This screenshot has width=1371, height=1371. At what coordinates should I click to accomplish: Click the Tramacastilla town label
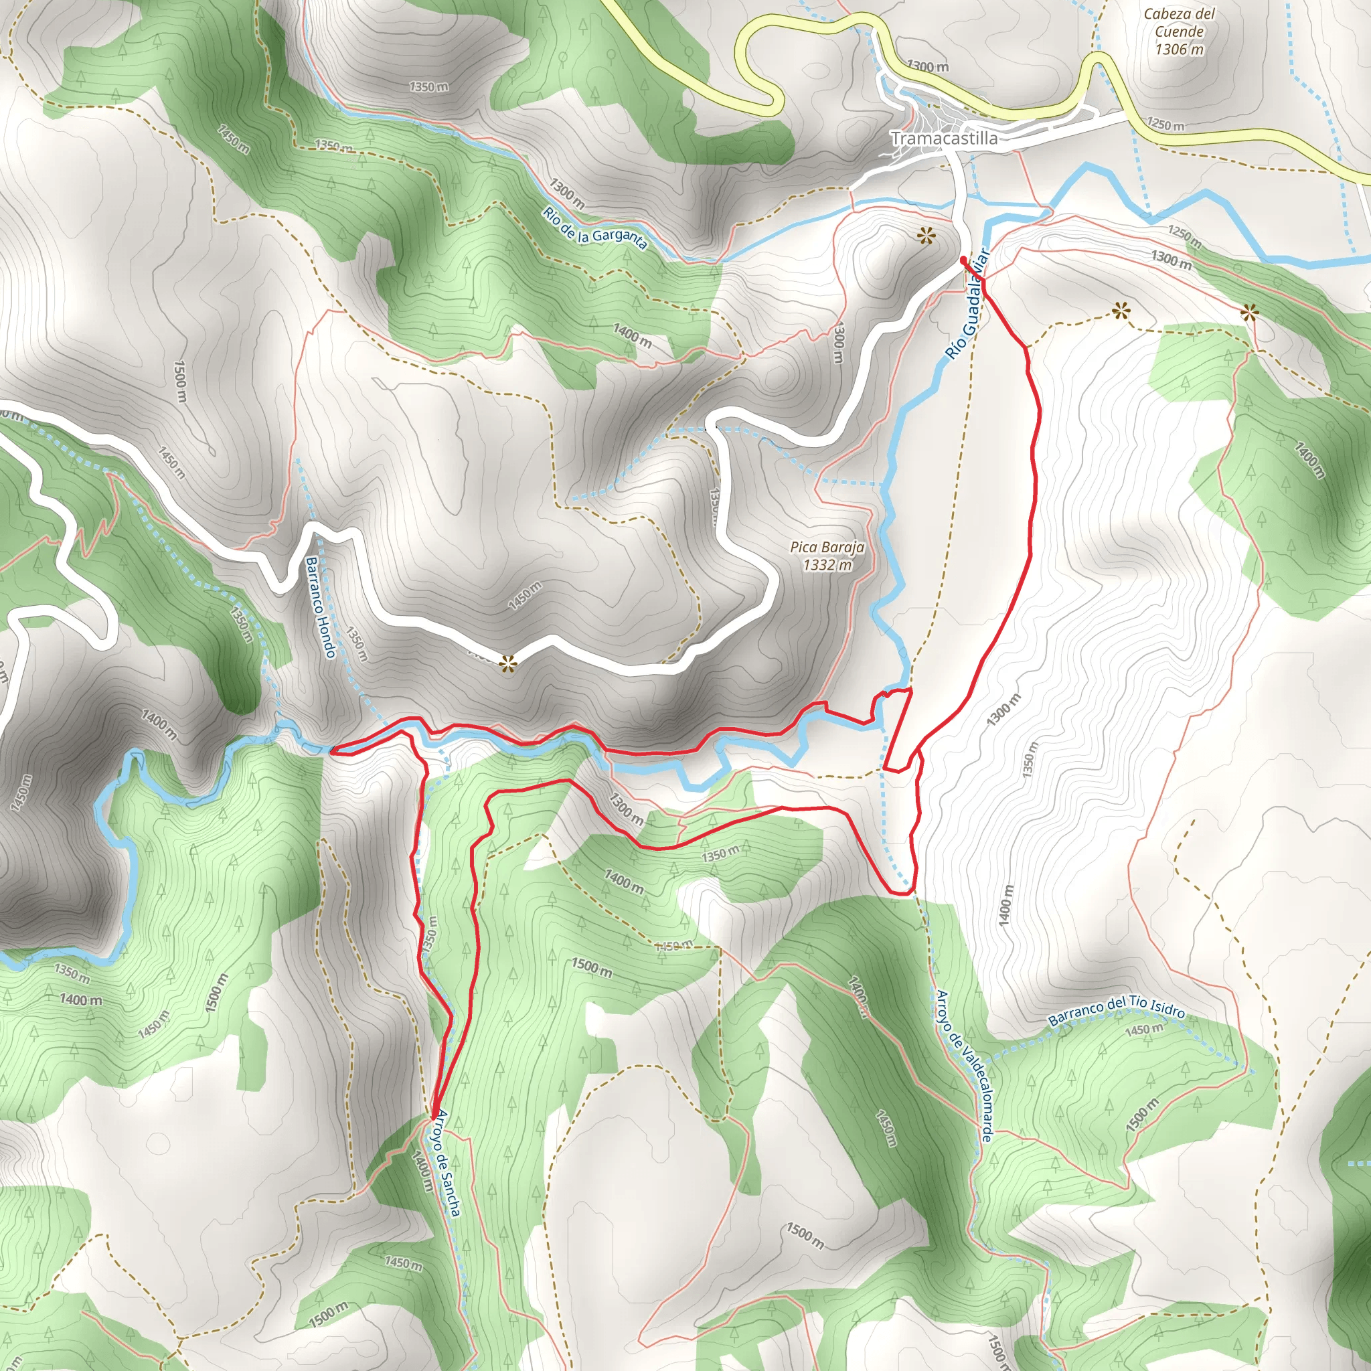click(x=944, y=139)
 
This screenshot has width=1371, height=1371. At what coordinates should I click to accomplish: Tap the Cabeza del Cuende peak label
click(x=1180, y=23)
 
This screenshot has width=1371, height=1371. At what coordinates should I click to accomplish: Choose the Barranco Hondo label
click(x=321, y=607)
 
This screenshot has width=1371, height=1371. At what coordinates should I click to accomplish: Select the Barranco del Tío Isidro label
click(x=1116, y=1010)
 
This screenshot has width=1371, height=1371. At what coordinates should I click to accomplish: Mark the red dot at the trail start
click(x=963, y=260)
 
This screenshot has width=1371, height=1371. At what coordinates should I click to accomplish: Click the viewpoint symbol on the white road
click(x=507, y=664)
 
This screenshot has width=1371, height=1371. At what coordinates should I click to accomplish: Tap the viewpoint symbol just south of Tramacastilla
click(x=925, y=236)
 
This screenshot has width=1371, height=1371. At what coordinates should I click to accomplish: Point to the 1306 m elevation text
click(x=1180, y=49)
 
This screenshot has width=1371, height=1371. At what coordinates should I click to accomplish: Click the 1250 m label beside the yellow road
click(x=1165, y=125)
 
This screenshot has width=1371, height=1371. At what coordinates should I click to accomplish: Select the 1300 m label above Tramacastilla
click(x=927, y=67)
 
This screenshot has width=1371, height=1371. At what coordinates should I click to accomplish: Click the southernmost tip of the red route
click(x=432, y=1119)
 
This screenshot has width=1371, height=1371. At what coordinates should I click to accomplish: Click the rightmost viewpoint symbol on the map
click(x=1249, y=312)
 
